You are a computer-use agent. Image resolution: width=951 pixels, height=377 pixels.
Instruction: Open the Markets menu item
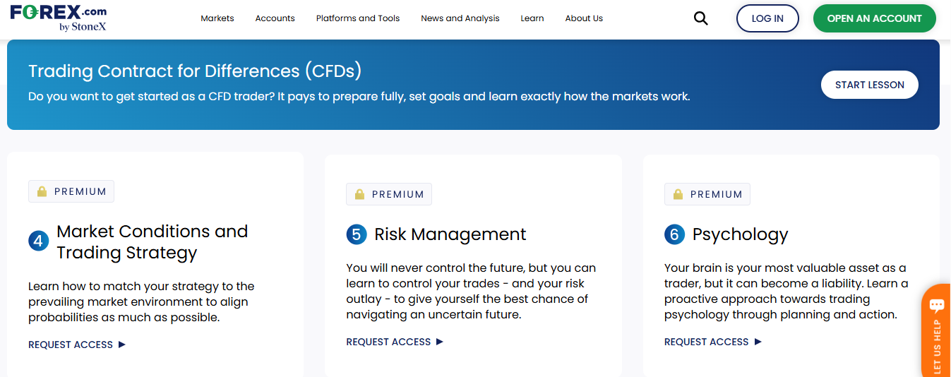pyautogui.click(x=217, y=18)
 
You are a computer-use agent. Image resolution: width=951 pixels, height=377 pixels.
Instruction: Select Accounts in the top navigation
pyautogui.click(x=275, y=18)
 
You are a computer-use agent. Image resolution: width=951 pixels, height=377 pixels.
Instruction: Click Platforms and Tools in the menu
pyautogui.click(x=358, y=18)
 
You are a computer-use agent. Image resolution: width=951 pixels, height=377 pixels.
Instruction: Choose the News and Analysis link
pyautogui.click(x=460, y=18)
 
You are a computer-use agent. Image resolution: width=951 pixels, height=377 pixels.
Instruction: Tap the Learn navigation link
pyautogui.click(x=532, y=18)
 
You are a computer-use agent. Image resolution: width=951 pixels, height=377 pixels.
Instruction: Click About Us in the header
pyautogui.click(x=584, y=18)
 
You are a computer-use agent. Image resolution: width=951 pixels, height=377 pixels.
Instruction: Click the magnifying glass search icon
pyautogui.click(x=700, y=18)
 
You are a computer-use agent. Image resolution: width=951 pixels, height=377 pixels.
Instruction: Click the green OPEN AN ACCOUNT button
pyautogui.click(x=874, y=18)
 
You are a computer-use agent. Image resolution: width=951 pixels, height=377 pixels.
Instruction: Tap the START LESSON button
pyautogui.click(x=869, y=85)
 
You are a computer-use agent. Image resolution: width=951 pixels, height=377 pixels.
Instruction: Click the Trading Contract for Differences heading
pyautogui.click(x=195, y=71)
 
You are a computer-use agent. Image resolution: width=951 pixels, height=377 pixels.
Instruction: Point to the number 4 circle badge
pyautogui.click(x=38, y=241)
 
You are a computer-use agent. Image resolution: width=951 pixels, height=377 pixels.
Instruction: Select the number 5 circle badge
pyautogui.click(x=357, y=234)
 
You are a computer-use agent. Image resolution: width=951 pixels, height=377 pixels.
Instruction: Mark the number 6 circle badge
pyautogui.click(x=674, y=234)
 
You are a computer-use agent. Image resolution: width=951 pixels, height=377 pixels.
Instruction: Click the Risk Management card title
pyautogui.click(x=450, y=234)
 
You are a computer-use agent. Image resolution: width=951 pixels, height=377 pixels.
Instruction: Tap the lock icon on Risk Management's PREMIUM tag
pyautogui.click(x=359, y=194)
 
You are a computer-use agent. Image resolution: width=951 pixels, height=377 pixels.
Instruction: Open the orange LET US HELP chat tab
pyautogui.click(x=937, y=332)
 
